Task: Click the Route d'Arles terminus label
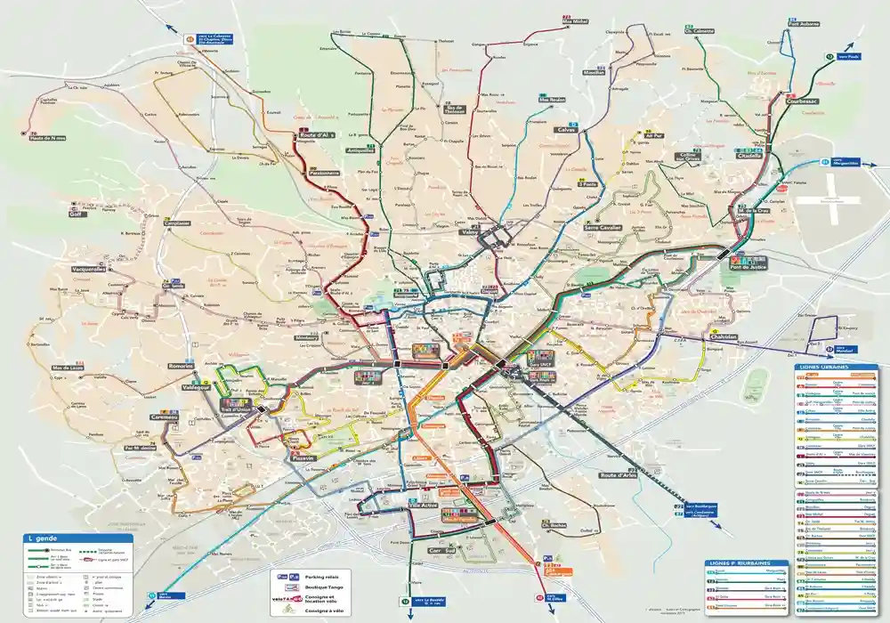point(619,475)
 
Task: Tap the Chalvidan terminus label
point(724,337)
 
